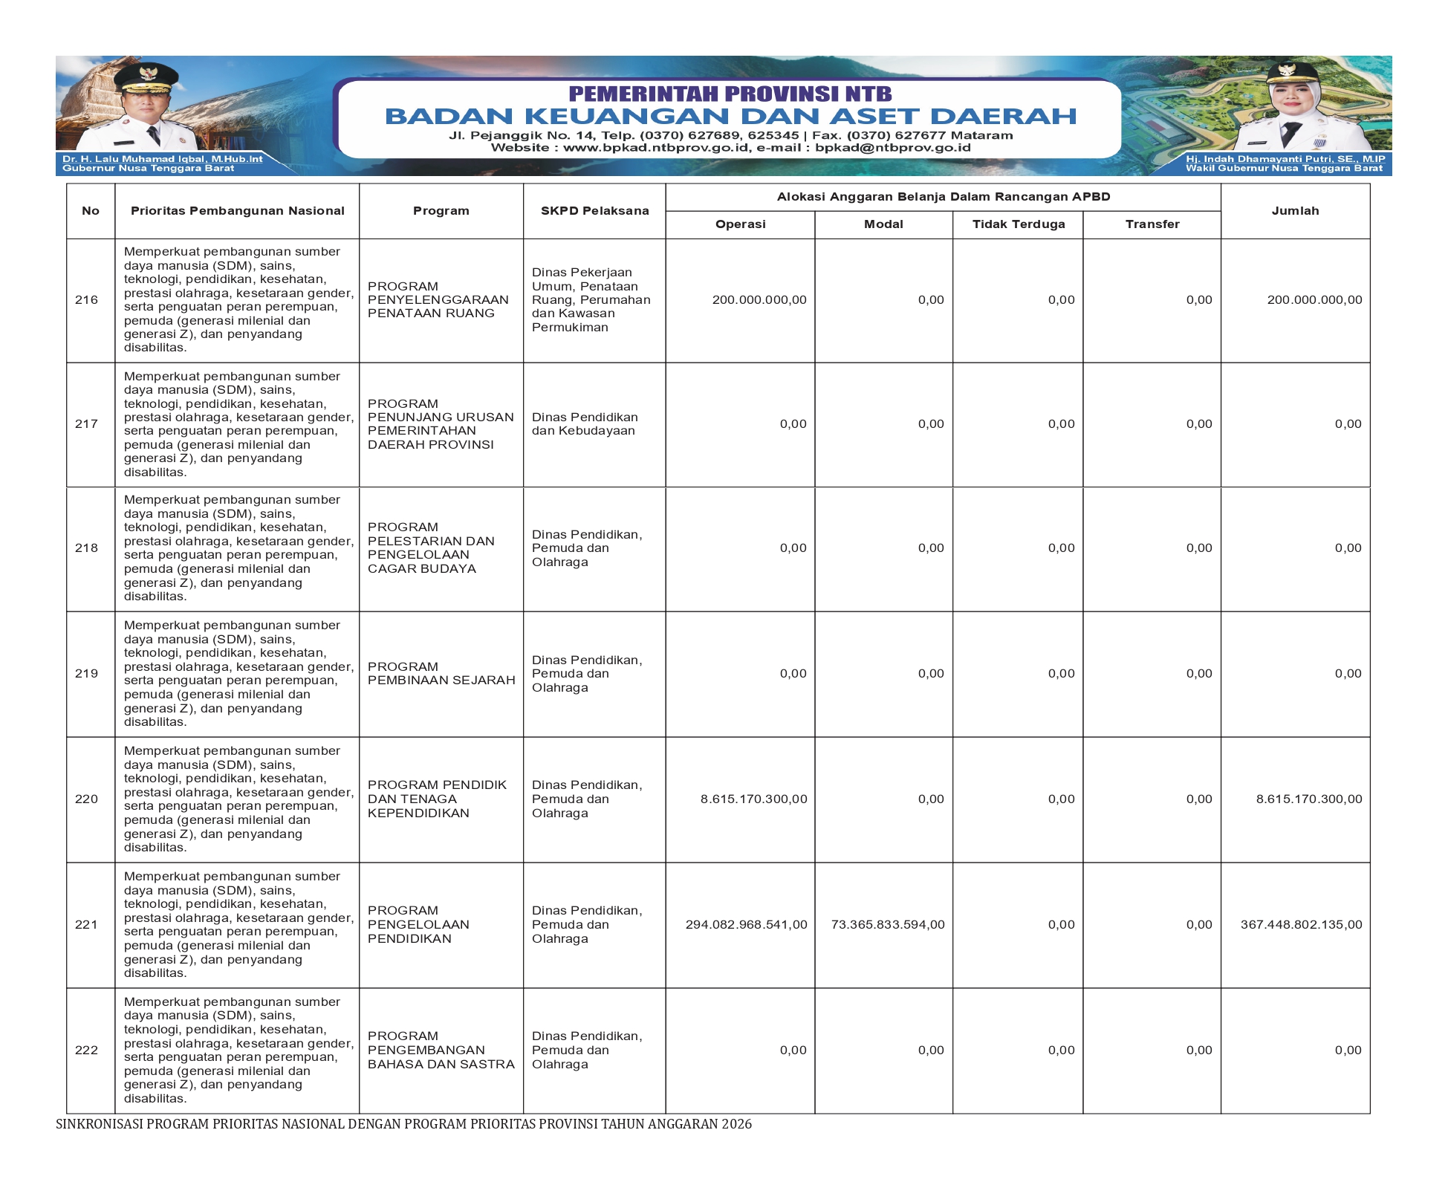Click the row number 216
86,300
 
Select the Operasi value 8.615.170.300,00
753,799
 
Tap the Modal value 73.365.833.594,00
888,925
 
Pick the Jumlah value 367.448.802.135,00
1301,925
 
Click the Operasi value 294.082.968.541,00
746,925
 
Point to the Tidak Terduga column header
1018,224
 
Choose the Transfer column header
1152,224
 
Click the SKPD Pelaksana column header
594,211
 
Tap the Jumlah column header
1295,211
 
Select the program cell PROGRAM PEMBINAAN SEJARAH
441,674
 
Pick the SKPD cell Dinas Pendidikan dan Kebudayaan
585,424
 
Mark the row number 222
86,1051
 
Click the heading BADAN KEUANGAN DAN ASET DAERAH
730,116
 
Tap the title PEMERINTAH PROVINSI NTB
730,94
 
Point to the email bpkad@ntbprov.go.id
892,148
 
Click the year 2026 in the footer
737,1124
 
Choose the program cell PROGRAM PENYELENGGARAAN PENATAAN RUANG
438,300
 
